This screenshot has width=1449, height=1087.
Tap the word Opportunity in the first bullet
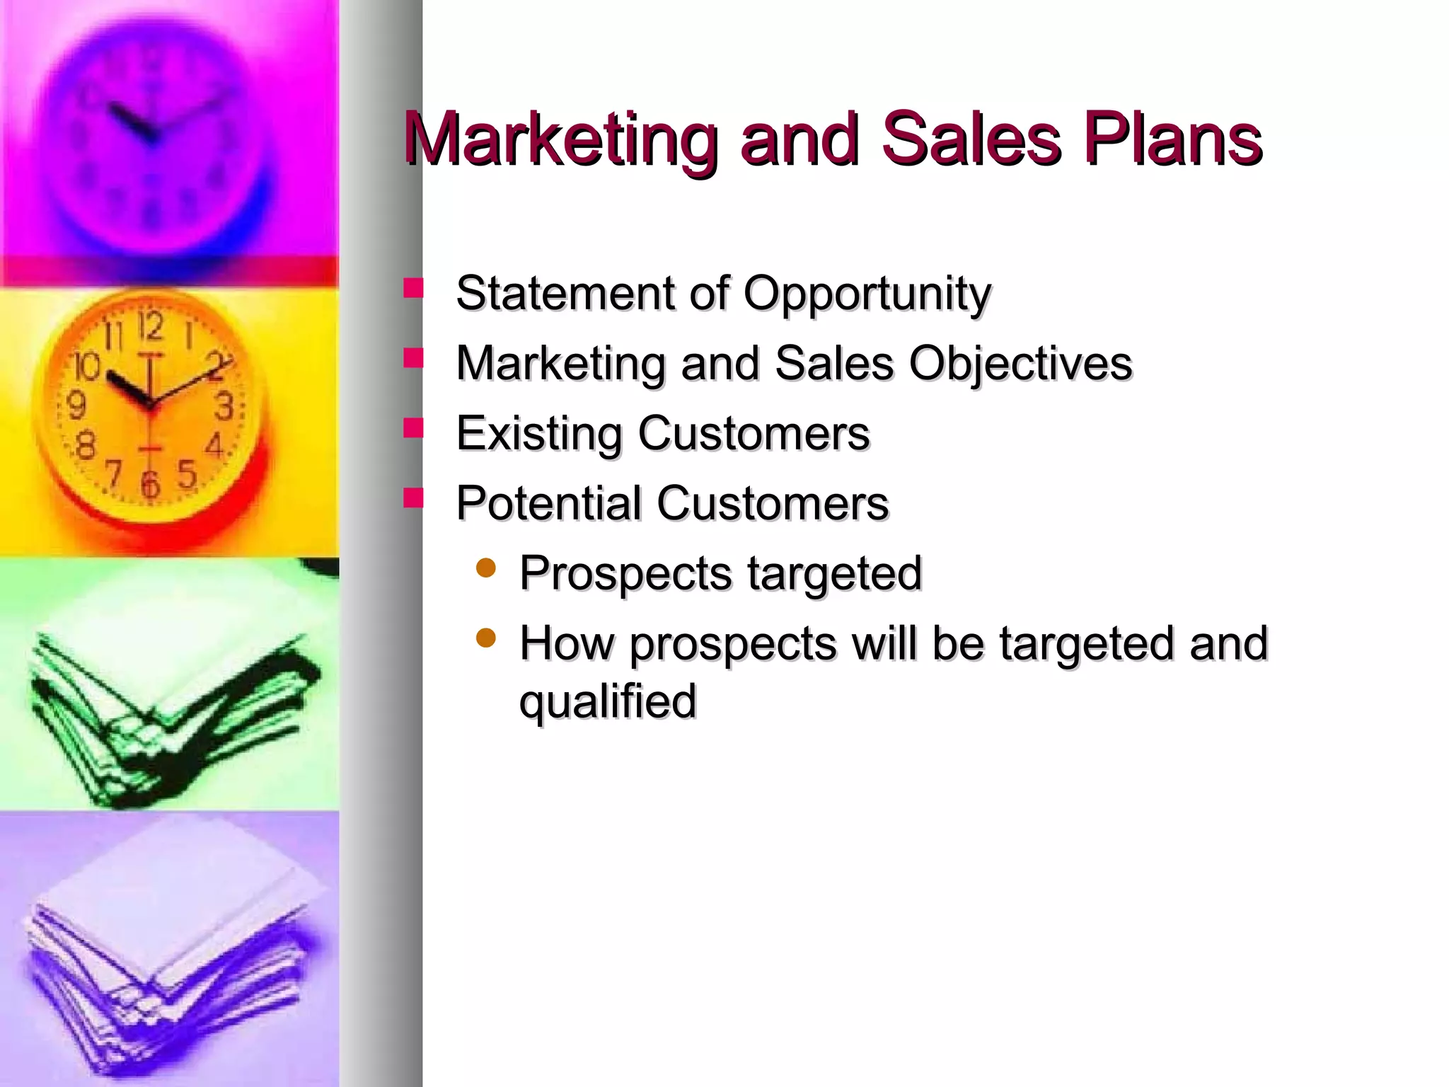pyautogui.click(x=867, y=293)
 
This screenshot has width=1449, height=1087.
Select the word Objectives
pyautogui.click(x=1020, y=364)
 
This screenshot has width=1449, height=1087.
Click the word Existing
pyautogui.click(x=538, y=434)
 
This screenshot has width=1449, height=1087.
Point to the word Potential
pyautogui.click(x=548, y=503)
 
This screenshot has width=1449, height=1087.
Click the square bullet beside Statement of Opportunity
pyautogui.click(x=413, y=288)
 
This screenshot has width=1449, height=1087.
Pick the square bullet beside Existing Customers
pyautogui.click(x=413, y=428)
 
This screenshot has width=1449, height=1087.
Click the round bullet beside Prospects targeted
pyautogui.click(x=486, y=568)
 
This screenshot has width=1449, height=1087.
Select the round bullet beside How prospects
pyautogui.click(x=486, y=638)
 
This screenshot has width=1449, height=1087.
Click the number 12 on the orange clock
pyautogui.click(x=150, y=326)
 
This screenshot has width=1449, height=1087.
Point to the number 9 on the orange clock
pyautogui.click(x=76, y=406)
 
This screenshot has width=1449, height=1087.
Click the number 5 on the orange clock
pyautogui.click(x=187, y=474)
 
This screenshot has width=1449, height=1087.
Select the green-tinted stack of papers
pyautogui.click(x=170, y=715)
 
